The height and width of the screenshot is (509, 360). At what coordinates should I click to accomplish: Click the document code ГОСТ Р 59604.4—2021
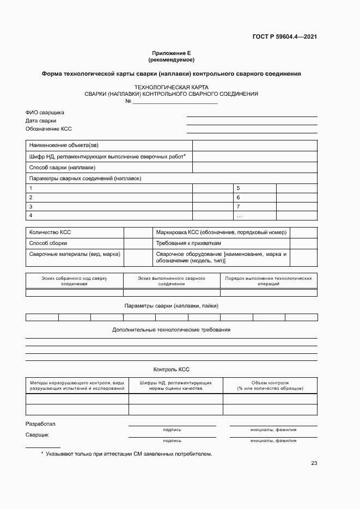point(284,37)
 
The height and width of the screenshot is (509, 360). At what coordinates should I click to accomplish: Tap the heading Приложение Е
point(171,53)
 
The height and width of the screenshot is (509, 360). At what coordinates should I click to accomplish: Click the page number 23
point(314,463)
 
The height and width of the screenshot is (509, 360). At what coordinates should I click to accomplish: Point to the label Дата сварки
point(41,121)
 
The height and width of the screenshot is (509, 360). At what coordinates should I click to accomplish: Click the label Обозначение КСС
point(48,129)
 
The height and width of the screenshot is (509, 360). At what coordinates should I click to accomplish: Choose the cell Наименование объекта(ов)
point(64,145)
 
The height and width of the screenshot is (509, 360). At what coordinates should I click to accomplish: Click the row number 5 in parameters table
point(238,188)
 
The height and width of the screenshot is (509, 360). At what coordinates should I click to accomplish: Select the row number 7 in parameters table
point(238,207)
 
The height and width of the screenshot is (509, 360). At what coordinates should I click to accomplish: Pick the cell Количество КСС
point(50,232)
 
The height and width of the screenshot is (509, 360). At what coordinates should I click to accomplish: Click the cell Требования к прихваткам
point(189,243)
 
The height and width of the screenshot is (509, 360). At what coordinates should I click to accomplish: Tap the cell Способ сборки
point(48,243)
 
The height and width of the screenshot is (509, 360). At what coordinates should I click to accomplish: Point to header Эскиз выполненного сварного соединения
point(172,281)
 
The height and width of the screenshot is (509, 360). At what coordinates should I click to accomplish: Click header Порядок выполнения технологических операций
point(269,281)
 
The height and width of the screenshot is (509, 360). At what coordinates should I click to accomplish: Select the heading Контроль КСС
point(172,369)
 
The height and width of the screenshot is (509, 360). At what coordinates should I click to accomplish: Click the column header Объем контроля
point(270,386)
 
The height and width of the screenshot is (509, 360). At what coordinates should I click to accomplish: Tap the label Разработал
point(40,424)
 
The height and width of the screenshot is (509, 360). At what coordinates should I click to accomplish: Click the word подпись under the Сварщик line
point(172,440)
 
